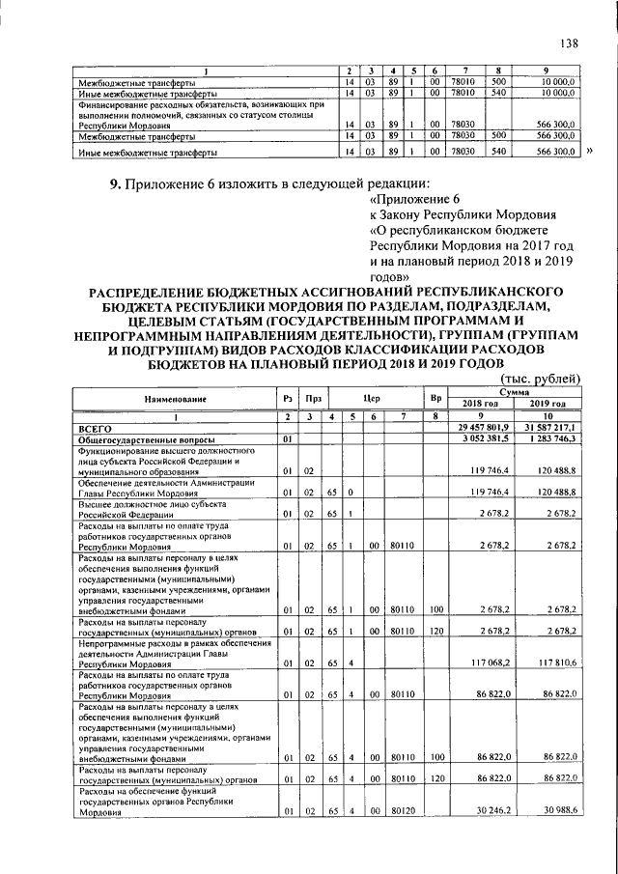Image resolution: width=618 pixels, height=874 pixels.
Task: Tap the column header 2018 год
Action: pos(480,404)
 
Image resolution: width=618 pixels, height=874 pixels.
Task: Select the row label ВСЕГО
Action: pos(96,426)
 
